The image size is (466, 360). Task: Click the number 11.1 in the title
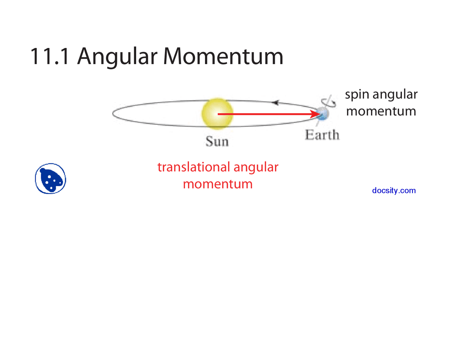50,56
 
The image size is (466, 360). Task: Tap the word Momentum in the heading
223,56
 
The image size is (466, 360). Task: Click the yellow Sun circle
217,113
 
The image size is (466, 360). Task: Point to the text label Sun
217,141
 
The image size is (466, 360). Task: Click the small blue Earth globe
323,114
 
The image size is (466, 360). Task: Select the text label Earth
322,135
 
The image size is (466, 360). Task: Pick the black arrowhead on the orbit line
276,103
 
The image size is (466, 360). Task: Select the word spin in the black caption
357,95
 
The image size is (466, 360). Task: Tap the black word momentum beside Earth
381,111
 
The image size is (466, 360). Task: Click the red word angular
256,167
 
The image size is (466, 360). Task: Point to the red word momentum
218,184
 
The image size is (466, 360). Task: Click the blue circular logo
51,179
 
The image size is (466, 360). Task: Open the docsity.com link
394,190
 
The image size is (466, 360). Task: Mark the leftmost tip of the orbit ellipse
112,114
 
